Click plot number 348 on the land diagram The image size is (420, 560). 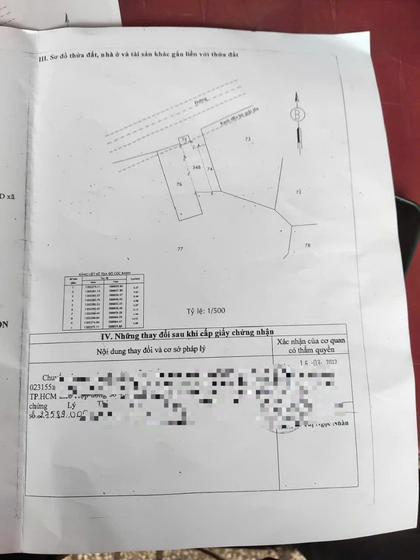click(196, 168)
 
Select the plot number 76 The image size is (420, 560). click(178, 185)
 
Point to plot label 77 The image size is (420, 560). click(180, 249)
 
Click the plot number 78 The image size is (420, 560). click(307, 245)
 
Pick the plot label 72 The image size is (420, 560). click(299, 192)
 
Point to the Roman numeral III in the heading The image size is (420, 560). click(43, 58)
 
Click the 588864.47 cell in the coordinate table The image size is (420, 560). click(115, 322)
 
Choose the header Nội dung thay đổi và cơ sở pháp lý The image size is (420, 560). click(150, 350)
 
